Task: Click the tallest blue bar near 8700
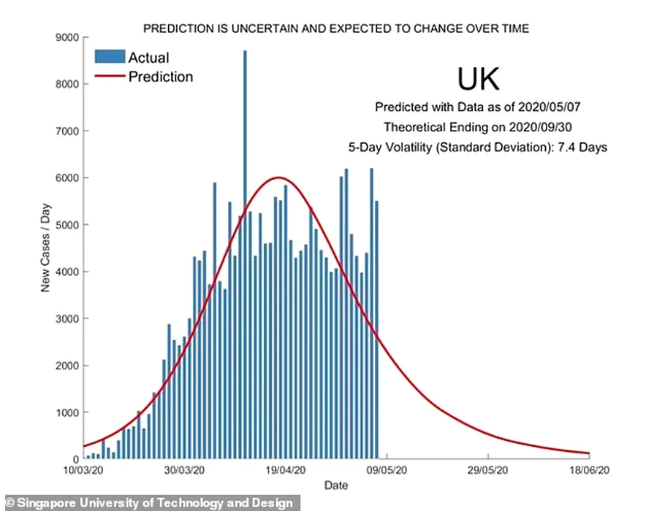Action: click(x=245, y=219)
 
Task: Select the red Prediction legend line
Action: click(x=109, y=76)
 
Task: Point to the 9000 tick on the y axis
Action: click(x=69, y=37)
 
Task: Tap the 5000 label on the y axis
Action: click(x=69, y=225)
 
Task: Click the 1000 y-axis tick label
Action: click(x=69, y=412)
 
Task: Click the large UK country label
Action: click(x=479, y=79)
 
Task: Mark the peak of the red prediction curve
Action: click(x=278, y=177)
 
